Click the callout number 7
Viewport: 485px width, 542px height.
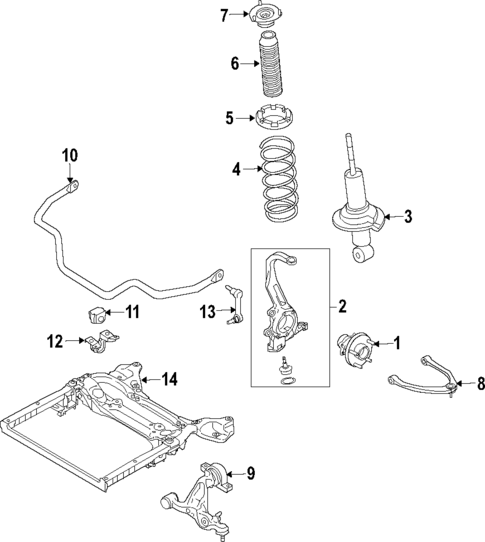(x=224, y=14)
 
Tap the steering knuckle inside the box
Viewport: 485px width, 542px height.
(x=279, y=299)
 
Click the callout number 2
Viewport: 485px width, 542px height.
(x=342, y=305)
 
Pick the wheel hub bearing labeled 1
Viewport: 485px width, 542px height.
(x=354, y=347)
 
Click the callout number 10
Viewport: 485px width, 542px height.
(x=69, y=155)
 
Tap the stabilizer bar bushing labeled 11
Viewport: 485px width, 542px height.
(x=97, y=314)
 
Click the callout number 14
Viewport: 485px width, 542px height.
(x=169, y=378)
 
